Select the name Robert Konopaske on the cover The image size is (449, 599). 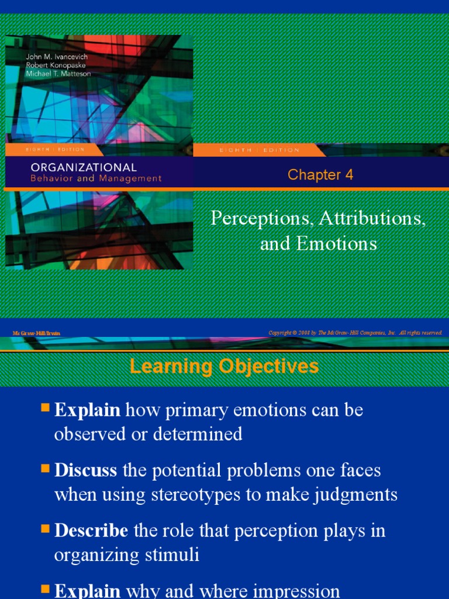click(x=47, y=65)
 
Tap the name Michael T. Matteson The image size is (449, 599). click(x=50, y=74)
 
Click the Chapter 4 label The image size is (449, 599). click(x=320, y=175)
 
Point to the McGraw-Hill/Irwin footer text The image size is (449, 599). click(x=37, y=333)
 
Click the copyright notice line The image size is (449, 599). click(x=355, y=333)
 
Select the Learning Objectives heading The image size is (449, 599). click(x=224, y=367)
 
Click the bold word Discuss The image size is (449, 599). click(x=86, y=470)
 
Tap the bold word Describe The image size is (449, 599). click(x=91, y=531)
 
